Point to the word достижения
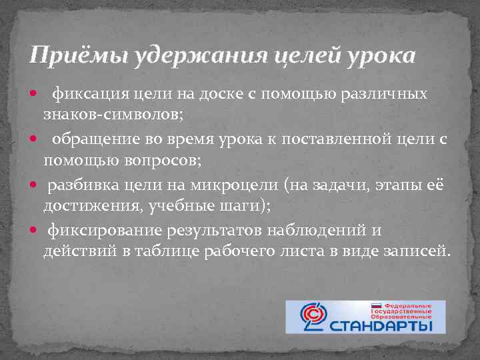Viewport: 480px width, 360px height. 85,207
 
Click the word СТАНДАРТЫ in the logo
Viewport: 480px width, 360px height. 387,326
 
